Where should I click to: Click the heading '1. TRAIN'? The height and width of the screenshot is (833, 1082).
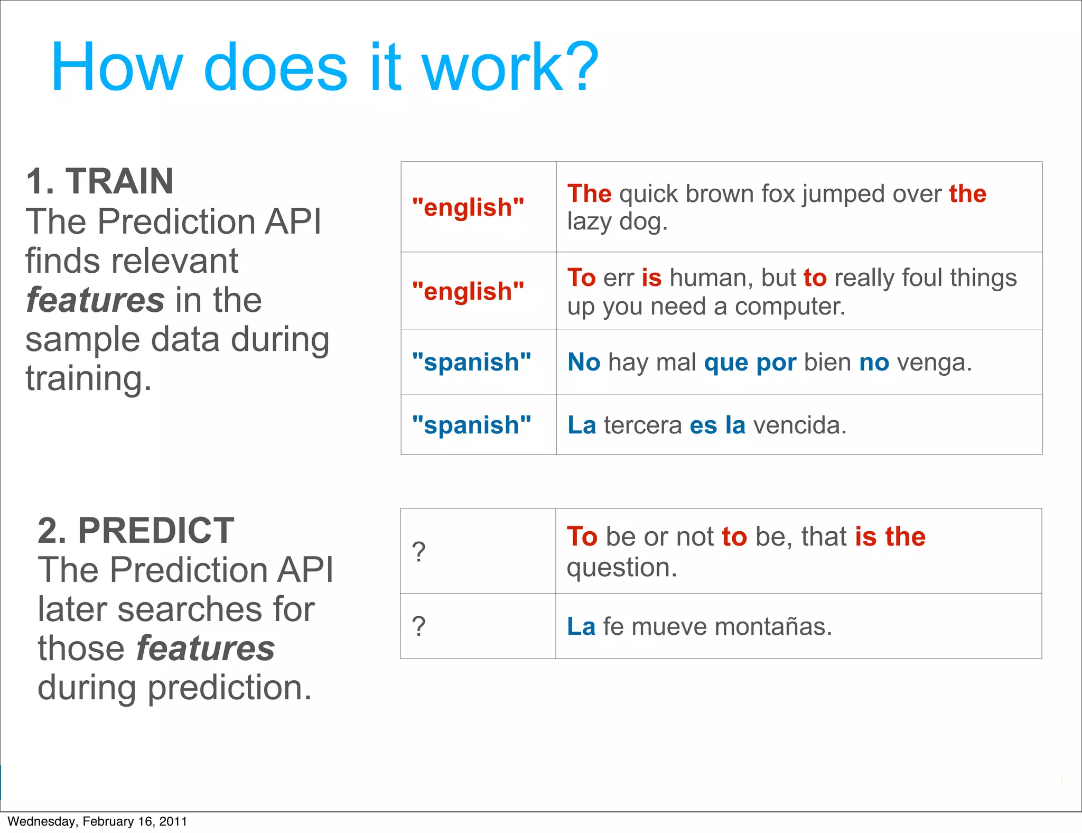[99, 181]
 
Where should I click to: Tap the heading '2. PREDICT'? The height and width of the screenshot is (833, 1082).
[136, 530]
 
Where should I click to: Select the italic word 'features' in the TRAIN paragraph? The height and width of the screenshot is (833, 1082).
[95, 300]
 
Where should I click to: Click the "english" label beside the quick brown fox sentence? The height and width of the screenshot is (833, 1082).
[468, 207]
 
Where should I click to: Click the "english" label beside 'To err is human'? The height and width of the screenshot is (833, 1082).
[468, 291]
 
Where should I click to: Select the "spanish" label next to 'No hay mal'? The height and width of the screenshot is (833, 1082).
[471, 362]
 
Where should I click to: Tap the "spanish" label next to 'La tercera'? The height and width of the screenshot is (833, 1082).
[471, 425]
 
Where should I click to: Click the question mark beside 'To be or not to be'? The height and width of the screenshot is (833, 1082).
[418, 552]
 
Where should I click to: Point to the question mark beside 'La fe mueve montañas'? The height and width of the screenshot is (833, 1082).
[418, 626]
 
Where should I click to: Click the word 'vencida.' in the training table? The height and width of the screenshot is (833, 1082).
[799, 425]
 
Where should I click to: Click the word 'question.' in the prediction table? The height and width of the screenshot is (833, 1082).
[621, 568]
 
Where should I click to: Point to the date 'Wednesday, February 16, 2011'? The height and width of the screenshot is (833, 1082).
[97, 821]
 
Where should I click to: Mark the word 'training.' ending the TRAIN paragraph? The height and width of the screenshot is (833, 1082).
[88, 379]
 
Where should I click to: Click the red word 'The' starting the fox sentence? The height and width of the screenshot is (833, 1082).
[589, 193]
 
